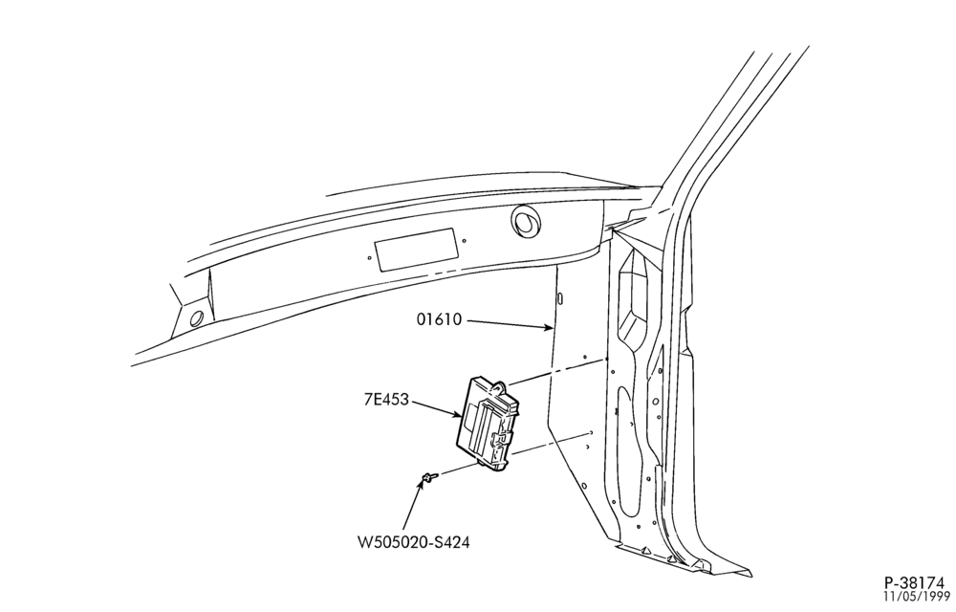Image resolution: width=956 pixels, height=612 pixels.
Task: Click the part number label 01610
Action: (x=440, y=318)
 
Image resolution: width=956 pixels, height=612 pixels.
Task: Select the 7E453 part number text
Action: (x=386, y=401)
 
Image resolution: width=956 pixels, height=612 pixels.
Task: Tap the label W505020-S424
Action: (x=413, y=541)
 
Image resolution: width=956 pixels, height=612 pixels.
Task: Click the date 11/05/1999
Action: (x=918, y=596)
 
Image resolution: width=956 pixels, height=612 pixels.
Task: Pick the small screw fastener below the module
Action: (x=429, y=476)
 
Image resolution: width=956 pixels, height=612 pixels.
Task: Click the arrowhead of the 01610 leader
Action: (x=549, y=329)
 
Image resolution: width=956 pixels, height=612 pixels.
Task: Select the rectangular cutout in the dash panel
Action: (x=416, y=250)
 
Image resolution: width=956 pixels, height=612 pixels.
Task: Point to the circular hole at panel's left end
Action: (x=197, y=318)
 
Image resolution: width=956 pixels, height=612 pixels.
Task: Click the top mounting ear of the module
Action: (x=499, y=387)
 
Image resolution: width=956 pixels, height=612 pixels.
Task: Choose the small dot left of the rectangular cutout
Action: (x=369, y=258)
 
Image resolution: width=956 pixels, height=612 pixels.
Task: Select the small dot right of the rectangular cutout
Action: (x=464, y=241)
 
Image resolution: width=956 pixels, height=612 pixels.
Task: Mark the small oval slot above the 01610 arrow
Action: (x=559, y=299)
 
